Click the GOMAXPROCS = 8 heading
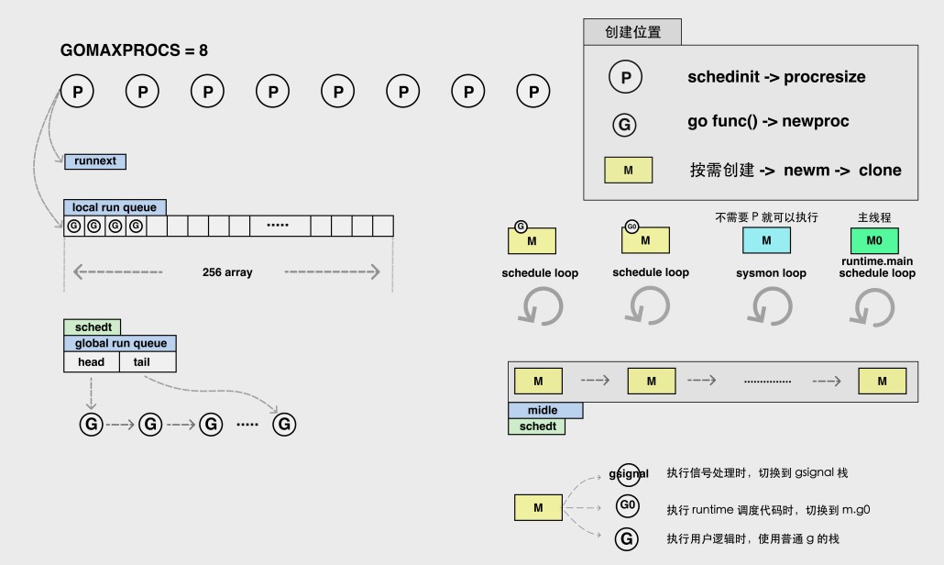(134, 50)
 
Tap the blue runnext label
(95, 161)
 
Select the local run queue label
(115, 207)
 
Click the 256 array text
(227, 272)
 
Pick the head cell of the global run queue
(92, 362)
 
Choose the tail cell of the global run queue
(148, 362)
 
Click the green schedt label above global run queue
(92, 327)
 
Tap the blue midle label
(545, 411)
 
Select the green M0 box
(875, 240)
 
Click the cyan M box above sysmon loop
(766, 240)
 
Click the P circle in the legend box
(626, 78)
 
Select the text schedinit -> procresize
(776, 78)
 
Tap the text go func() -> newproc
(768, 122)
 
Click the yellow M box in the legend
(628, 170)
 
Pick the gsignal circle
(630, 474)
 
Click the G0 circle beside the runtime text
(628, 505)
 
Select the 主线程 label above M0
(875, 217)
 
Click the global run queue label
(120, 343)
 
